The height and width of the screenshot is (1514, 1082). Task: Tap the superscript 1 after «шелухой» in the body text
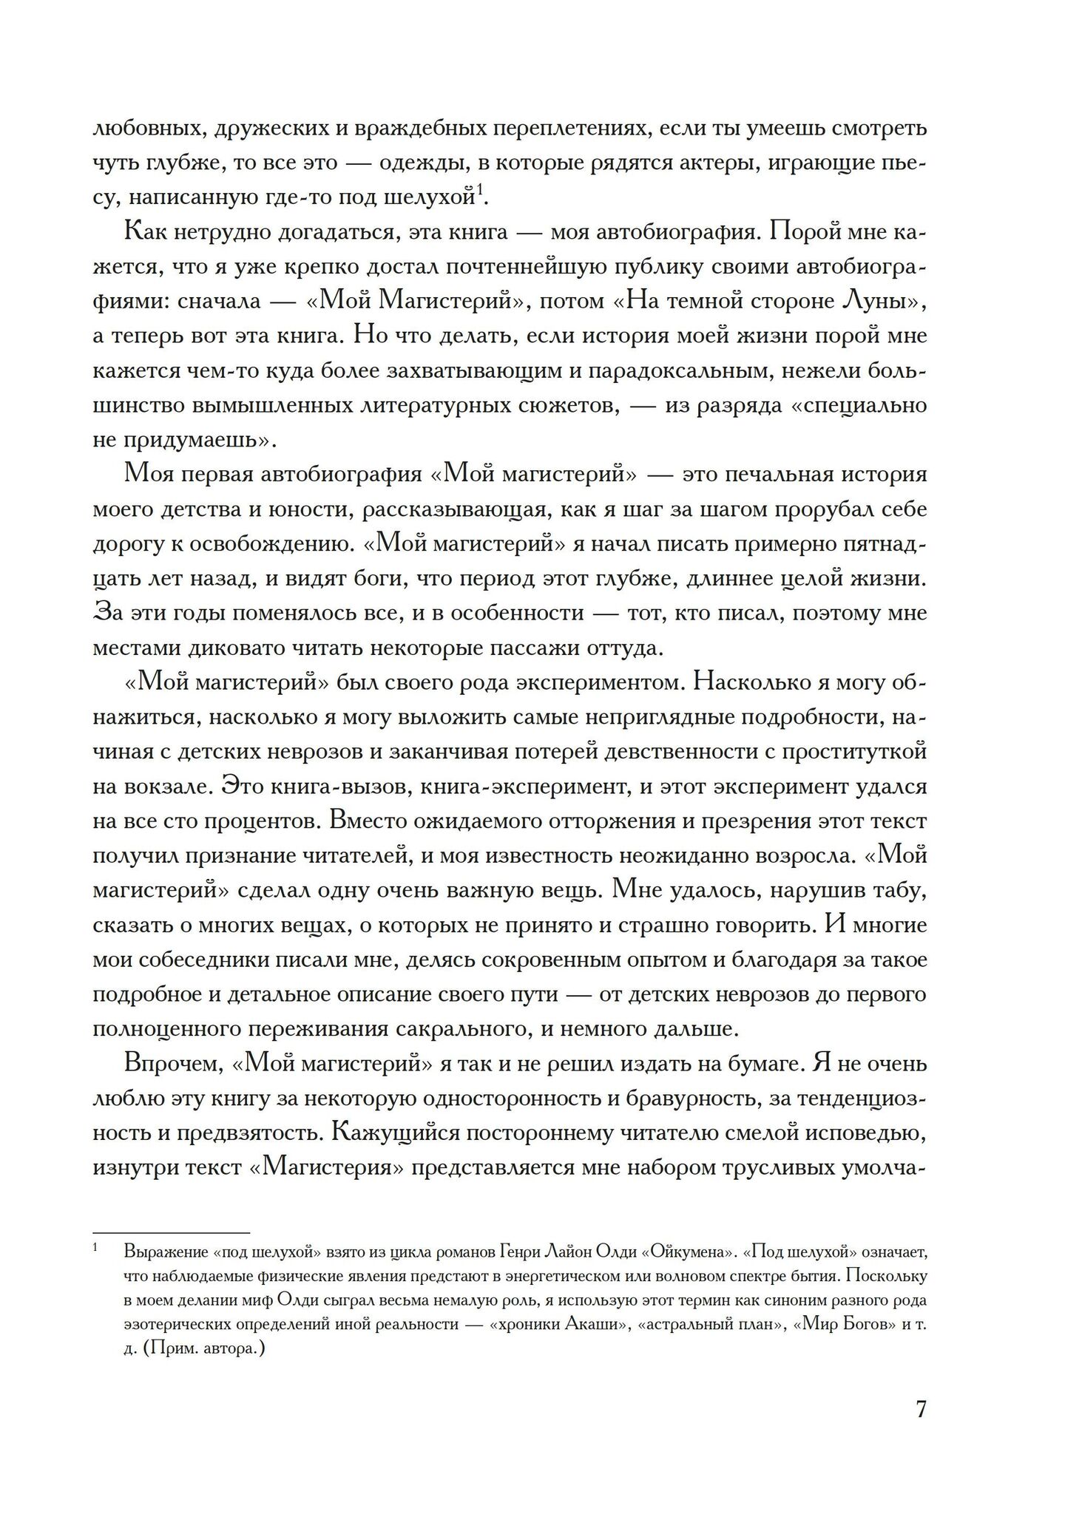tap(479, 192)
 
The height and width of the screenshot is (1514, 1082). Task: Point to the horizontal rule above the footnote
tap(171, 1232)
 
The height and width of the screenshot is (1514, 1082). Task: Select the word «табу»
tap(897, 891)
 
